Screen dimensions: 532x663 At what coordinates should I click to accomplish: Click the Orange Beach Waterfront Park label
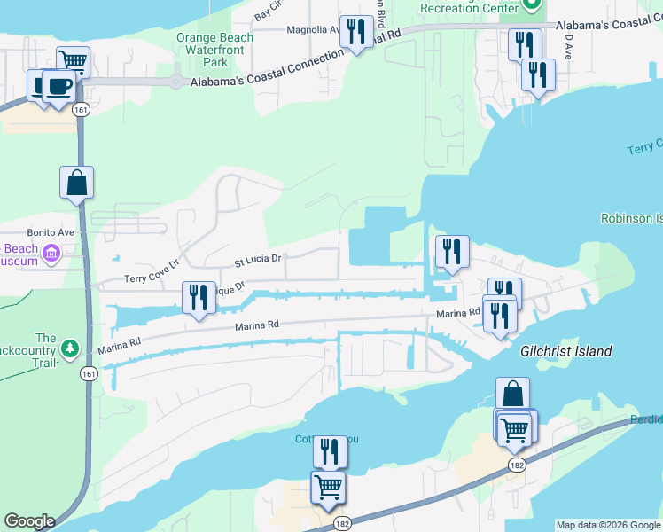coord(214,50)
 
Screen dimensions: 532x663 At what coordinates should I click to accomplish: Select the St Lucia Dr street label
coord(257,261)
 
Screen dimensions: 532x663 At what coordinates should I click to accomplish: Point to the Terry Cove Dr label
coord(152,270)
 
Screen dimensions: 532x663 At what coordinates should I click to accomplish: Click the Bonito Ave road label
coord(47,231)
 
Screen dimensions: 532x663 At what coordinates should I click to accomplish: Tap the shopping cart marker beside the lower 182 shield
coord(328,487)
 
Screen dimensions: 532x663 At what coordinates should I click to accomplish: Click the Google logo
coord(29,521)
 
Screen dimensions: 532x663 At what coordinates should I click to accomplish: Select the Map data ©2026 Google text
coord(608,525)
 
